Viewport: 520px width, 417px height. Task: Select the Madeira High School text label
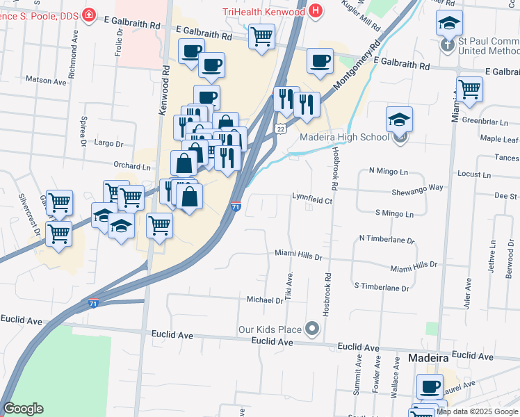click(x=345, y=137)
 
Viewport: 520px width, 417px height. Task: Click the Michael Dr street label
click(x=265, y=300)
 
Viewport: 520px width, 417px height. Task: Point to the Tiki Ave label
click(x=287, y=282)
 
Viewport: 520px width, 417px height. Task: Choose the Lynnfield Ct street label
click(x=312, y=200)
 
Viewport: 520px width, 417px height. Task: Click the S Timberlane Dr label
click(x=381, y=286)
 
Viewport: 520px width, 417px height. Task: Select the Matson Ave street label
click(x=46, y=80)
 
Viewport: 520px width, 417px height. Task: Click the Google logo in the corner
click(x=23, y=409)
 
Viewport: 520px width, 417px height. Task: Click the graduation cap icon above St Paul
click(x=449, y=22)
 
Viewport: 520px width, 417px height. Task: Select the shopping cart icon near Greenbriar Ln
click(x=470, y=88)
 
